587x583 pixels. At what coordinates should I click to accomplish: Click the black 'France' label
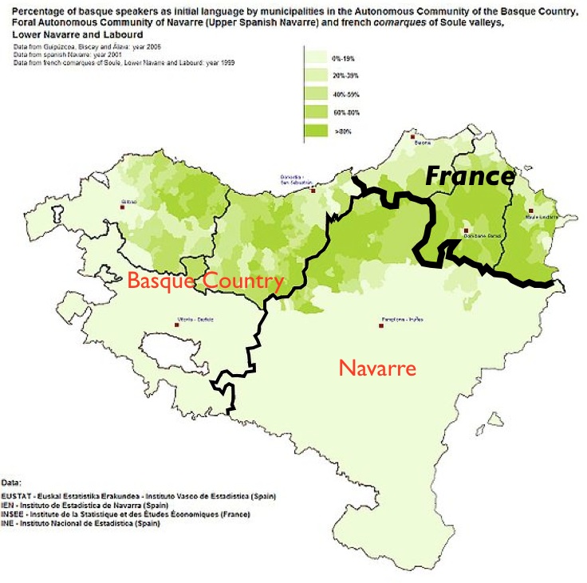(469, 175)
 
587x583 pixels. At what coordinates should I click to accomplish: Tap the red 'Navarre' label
(377, 368)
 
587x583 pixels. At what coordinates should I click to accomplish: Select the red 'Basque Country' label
(206, 281)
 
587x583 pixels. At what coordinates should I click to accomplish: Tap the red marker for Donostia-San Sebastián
(313, 191)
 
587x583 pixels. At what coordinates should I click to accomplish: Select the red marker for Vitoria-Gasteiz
(176, 324)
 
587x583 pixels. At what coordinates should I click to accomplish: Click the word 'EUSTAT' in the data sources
(16, 496)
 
